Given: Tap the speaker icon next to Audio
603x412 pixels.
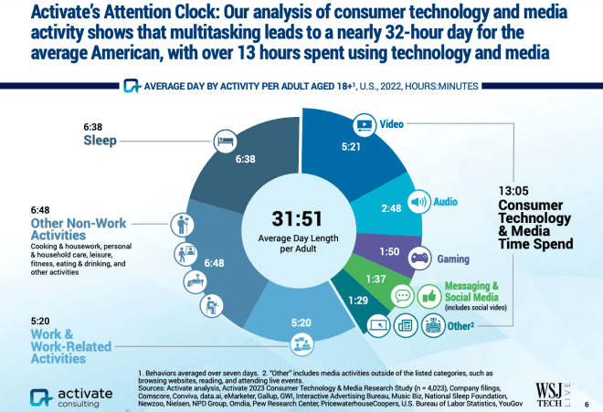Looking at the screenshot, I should point(418,203).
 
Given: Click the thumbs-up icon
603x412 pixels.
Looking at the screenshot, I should point(428,295).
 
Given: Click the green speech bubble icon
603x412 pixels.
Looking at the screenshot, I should point(401,296).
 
